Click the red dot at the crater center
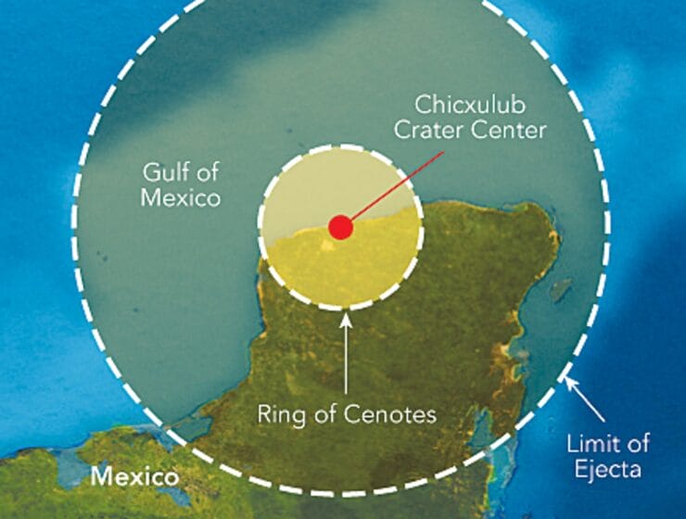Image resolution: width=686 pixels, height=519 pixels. [x=340, y=227]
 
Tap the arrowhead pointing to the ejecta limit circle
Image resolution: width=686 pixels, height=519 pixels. [x=569, y=379]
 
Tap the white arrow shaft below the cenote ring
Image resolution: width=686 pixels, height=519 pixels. [x=347, y=361]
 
